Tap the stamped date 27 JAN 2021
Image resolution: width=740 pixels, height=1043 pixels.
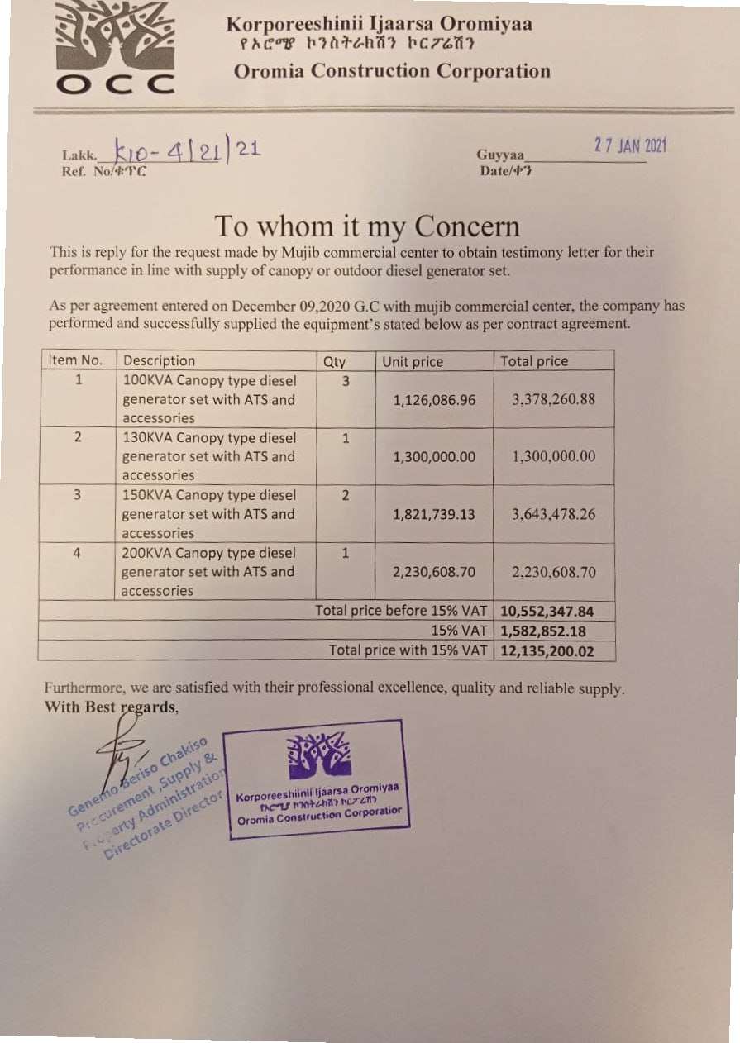pyautogui.click(x=629, y=145)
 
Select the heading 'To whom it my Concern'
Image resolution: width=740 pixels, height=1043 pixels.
pyautogui.click(x=367, y=226)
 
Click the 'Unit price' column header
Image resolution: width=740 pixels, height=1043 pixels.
pyautogui.click(x=413, y=361)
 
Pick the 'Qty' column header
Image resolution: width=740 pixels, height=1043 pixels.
pyautogui.click(x=335, y=361)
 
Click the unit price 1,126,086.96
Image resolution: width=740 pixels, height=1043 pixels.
pyautogui.click(x=434, y=400)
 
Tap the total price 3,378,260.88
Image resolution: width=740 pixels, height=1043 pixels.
pyautogui.click(x=553, y=400)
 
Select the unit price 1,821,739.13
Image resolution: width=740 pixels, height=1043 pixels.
pyautogui.click(x=434, y=514)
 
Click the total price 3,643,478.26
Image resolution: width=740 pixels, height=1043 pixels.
pyautogui.click(x=553, y=514)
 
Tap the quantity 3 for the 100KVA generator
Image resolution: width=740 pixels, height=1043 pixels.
pyautogui.click(x=346, y=381)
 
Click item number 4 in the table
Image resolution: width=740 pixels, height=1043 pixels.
pyautogui.click(x=77, y=553)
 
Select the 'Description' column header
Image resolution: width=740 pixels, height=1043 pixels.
pyautogui.click(x=159, y=361)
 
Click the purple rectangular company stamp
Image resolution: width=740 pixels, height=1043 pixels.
pyautogui.click(x=318, y=779)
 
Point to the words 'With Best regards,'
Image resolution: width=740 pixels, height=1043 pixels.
pyautogui.click(x=111, y=707)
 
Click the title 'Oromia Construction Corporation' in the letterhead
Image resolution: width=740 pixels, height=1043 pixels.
pyautogui.click(x=392, y=71)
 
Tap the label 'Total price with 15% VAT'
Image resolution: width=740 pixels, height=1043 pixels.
pyautogui.click(x=408, y=650)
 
